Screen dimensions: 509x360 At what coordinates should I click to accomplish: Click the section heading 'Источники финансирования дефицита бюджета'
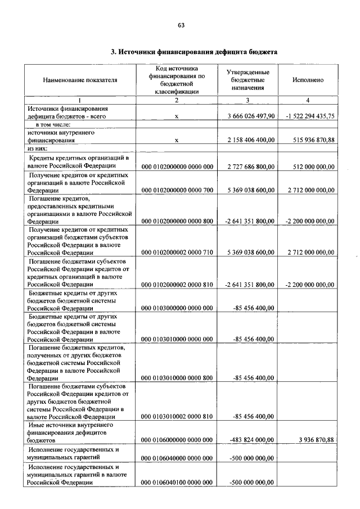tap(194, 52)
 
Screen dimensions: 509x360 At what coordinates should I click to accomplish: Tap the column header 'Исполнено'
tap(308, 80)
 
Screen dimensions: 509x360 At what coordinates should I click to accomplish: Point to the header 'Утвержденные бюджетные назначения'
tap(247, 80)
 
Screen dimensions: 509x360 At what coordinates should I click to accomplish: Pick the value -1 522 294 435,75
tap(310, 116)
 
